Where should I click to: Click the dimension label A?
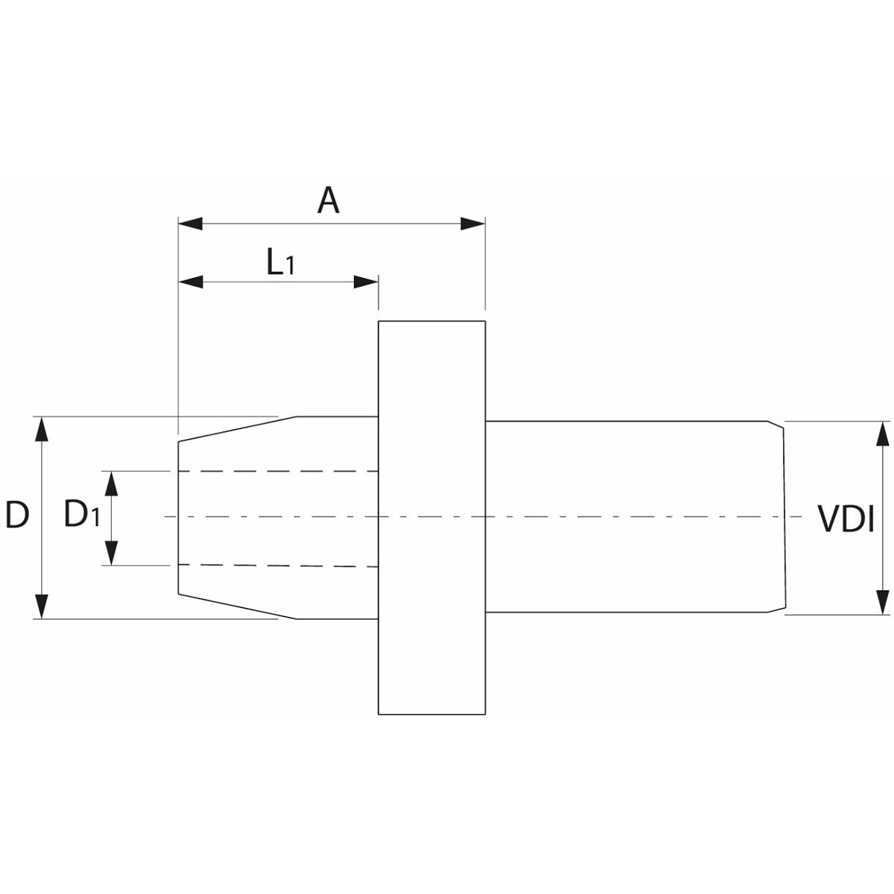coord(329,200)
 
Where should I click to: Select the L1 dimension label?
coord(280,262)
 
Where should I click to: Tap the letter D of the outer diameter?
coord(17,516)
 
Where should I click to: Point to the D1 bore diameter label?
coord(80,515)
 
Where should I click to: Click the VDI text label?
coord(846,519)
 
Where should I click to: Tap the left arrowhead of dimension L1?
coord(191,282)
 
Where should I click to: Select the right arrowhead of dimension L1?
coord(366,282)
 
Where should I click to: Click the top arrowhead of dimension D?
coord(42,429)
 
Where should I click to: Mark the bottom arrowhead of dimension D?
coord(42,606)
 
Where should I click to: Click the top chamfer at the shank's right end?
coord(777,425)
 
